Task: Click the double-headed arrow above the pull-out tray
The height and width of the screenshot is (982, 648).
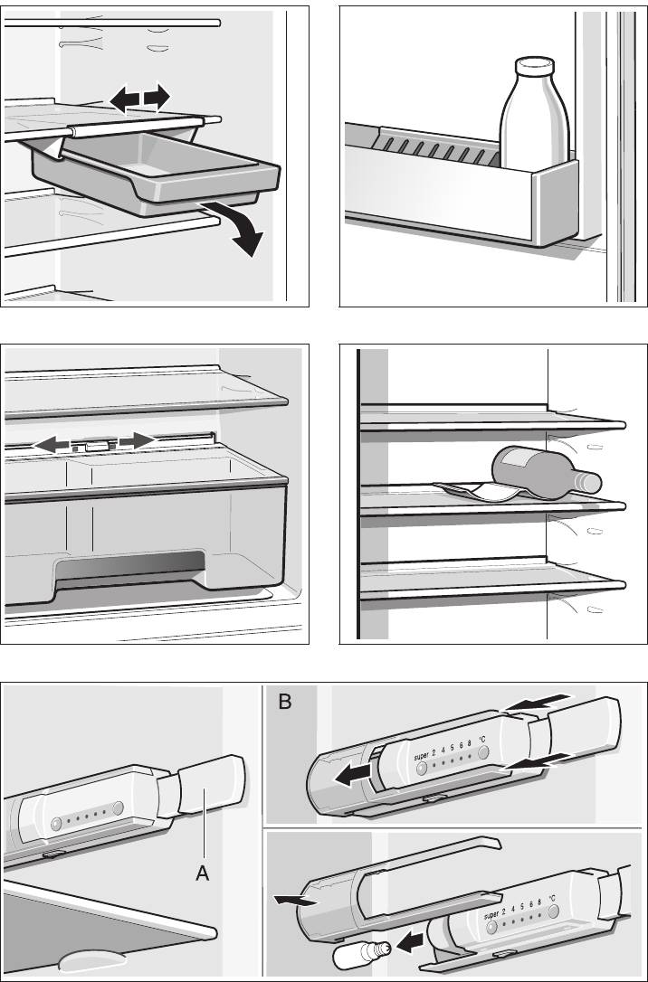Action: (139, 98)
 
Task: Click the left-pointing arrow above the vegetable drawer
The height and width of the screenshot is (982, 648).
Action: (51, 444)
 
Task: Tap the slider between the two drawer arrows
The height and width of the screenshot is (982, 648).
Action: (95, 445)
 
